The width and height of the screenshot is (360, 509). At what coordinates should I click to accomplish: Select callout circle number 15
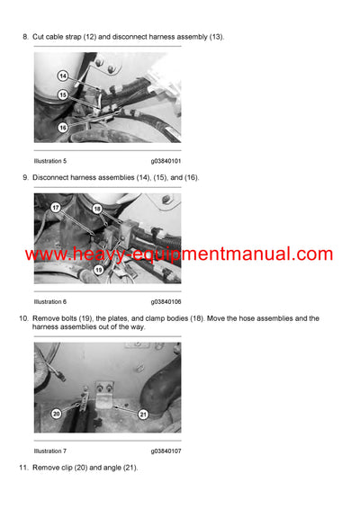coord(62,94)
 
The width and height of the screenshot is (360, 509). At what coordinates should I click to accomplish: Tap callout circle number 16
coord(62,127)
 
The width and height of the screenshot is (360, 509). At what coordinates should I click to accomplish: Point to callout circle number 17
coord(56,209)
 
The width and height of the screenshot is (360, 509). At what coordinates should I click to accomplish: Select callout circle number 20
coord(56,413)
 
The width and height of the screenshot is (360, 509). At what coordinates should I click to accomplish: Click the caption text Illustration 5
coord(50,161)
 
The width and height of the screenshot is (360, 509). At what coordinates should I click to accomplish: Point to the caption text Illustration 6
coord(50,301)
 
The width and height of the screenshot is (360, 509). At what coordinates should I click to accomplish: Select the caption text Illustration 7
coord(50,450)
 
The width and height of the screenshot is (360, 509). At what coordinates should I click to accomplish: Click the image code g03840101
coord(166,161)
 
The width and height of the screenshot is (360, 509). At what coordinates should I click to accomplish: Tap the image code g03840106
coord(166,301)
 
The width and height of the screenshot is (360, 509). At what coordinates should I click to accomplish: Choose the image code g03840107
coord(166,450)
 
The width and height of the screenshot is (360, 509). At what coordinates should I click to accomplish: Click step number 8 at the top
coord(24,36)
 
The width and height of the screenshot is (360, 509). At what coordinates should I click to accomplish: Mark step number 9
coord(24,177)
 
